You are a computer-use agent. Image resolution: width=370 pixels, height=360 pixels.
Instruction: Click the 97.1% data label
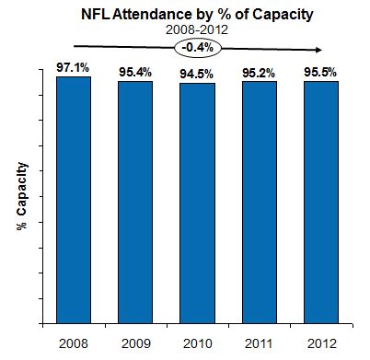[74, 68]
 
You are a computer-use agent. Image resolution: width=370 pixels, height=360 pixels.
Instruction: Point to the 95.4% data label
[135, 73]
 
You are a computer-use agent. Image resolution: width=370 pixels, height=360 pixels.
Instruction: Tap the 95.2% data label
[258, 73]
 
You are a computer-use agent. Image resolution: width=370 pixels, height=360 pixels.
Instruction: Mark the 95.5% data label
[318, 73]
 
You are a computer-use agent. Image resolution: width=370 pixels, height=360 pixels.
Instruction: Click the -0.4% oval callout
[195, 46]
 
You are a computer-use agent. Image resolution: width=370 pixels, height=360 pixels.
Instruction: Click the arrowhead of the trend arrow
[321, 52]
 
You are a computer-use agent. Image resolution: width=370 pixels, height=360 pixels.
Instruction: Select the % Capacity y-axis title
[21, 199]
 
